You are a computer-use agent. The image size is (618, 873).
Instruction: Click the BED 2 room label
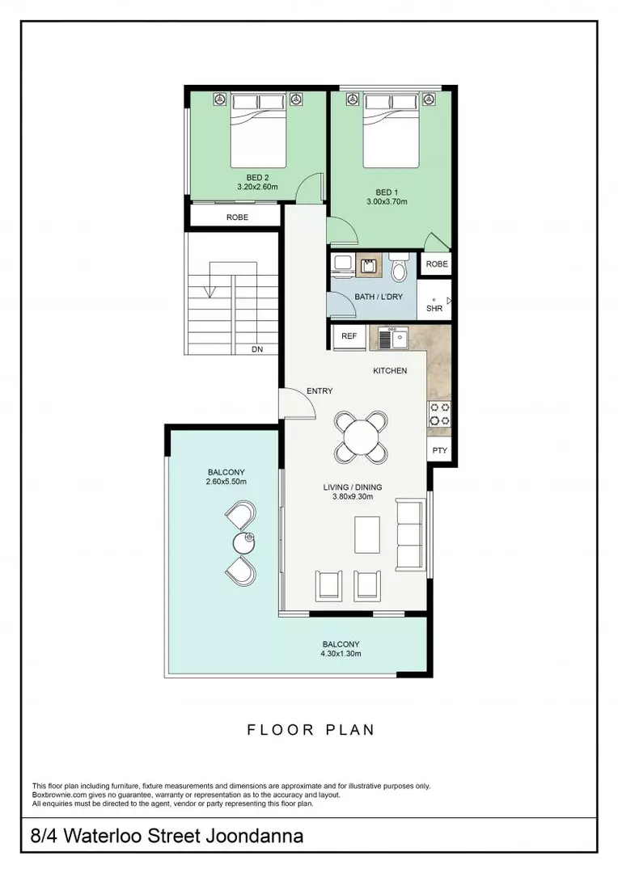tap(257, 177)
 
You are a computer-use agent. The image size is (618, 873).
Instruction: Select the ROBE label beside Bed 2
tap(237, 217)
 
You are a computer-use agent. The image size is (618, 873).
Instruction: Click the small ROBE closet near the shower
tap(437, 264)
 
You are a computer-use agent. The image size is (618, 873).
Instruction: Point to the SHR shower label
tap(434, 308)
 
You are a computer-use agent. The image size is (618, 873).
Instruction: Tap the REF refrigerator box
tap(349, 335)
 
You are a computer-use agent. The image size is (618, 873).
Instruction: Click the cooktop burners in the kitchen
tap(439, 414)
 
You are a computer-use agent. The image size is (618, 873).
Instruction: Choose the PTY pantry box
tap(439, 451)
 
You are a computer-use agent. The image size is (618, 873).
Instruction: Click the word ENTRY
tap(320, 391)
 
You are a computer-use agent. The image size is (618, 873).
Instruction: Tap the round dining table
tap(361, 437)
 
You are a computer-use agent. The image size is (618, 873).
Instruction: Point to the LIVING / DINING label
tap(353, 487)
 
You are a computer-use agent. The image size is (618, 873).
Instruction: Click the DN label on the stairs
tap(257, 349)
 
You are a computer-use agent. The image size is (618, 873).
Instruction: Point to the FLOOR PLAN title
tap(311, 730)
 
